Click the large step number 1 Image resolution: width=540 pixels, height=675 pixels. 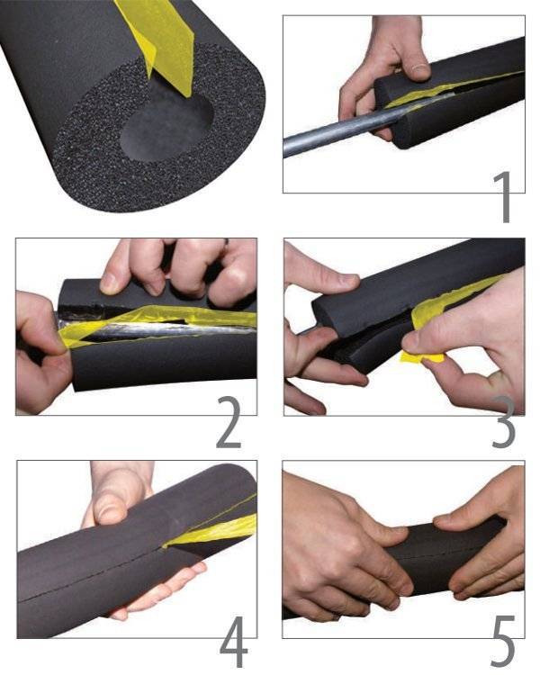(x=501, y=197)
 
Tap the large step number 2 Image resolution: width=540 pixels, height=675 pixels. (x=229, y=422)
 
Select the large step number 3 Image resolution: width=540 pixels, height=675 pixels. (x=503, y=422)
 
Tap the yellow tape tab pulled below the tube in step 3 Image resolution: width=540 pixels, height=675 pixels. (x=422, y=356)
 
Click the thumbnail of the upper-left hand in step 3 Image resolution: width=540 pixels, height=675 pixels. (x=342, y=283)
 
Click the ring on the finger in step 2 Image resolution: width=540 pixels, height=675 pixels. (x=226, y=243)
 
